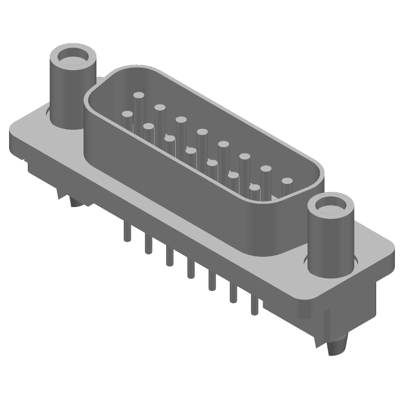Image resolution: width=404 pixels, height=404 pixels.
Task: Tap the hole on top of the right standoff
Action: click(331, 206)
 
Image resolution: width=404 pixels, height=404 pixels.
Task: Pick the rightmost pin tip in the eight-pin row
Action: click(287, 181)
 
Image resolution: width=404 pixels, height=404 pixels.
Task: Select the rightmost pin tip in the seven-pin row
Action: click(255, 188)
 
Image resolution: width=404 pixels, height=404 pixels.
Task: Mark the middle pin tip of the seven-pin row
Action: click(190, 150)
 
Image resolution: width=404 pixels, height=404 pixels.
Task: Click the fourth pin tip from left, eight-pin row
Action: click(202, 132)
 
